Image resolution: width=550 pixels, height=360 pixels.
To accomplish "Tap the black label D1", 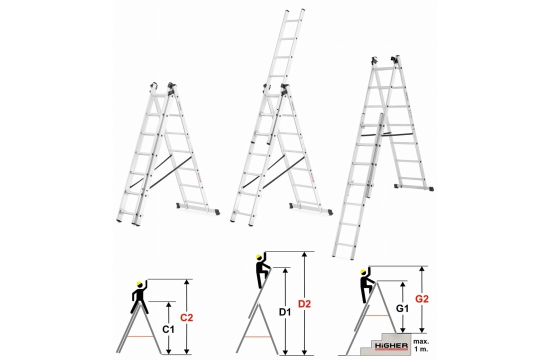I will point(285,311).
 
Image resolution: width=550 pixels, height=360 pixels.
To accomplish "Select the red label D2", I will point(304,303).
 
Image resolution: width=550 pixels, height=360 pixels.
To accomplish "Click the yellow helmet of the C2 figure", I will point(140,285).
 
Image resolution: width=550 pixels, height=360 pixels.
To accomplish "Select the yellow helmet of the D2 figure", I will point(259,258).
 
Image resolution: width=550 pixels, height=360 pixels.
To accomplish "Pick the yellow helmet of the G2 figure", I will point(363,272).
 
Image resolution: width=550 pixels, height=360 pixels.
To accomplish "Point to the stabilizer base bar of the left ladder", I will point(199,207).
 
